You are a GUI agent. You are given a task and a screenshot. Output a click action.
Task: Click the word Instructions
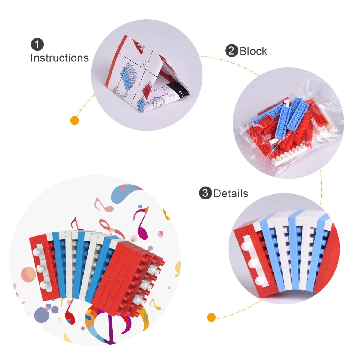pos(59,58)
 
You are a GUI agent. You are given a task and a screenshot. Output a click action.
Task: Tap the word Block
pos(253,51)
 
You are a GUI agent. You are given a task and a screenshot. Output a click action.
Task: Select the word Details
pos(230,193)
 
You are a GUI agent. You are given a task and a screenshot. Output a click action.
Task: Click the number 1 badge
pos(37,45)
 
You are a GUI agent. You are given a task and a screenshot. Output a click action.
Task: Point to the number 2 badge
pos(231,51)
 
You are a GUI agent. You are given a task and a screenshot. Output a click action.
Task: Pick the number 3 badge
pos(205,193)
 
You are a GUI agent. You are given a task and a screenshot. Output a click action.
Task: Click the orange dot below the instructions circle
pos(74,121)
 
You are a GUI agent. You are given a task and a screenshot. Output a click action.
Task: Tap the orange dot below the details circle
pos(211,317)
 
